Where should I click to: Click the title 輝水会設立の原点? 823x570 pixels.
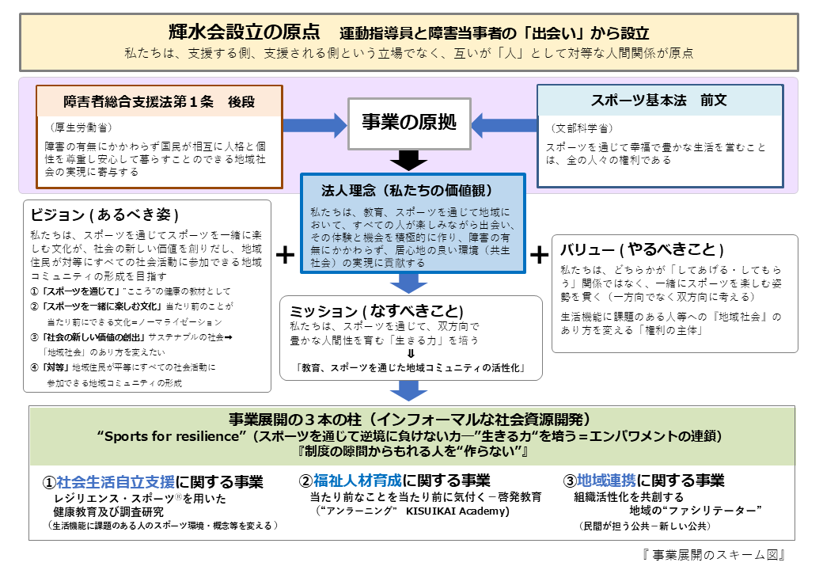(x=244, y=32)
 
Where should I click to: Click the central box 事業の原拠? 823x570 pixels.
(x=409, y=123)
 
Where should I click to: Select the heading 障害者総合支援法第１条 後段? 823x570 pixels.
(x=159, y=101)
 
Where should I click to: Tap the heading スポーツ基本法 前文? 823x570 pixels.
(x=658, y=101)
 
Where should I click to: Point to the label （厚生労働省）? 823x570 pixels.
(x=81, y=127)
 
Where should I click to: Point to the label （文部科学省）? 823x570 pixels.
(x=582, y=128)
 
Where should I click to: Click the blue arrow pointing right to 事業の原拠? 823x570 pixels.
(x=315, y=125)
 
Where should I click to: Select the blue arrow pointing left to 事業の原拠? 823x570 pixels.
(x=504, y=125)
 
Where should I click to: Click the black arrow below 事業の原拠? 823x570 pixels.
(x=409, y=160)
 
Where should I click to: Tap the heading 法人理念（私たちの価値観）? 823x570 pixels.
(x=408, y=190)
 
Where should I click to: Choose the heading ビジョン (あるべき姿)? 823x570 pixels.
(x=105, y=215)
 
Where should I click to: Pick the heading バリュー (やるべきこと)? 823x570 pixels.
(x=642, y=249)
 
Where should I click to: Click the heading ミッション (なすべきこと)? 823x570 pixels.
(x=377, y=310)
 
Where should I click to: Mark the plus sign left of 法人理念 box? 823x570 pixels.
(x=285, y=255)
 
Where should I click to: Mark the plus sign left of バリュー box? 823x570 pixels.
(x=539, y=255)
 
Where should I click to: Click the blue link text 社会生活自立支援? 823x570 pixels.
(x=116, y=482)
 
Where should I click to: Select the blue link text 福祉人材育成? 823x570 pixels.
(x=358, y=481)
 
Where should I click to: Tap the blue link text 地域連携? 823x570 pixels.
(x=606, y=481)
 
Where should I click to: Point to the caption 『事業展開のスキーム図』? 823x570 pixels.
(x=713, y=555)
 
